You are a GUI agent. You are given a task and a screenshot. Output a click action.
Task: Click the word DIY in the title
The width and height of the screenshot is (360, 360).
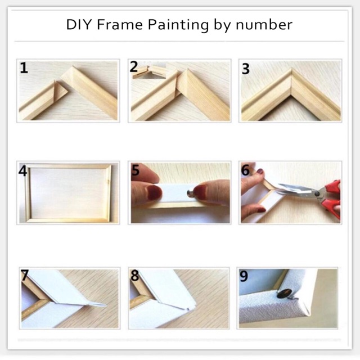(79, 25)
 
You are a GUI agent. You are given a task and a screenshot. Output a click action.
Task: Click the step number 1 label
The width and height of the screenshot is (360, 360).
(24, 69)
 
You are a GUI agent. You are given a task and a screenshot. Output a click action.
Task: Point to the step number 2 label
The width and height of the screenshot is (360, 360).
(134, 67)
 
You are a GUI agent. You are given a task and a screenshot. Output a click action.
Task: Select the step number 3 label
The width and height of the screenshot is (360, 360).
(245, 69)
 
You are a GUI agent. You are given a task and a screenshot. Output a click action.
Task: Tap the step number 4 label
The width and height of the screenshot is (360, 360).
(23, 170)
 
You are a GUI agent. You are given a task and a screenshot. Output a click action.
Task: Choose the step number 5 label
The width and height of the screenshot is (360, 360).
(135, 170)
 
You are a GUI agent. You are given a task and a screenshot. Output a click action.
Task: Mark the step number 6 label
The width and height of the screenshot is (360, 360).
(245, 170)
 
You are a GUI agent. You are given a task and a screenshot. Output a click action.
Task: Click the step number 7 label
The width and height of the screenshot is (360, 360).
(24, 276)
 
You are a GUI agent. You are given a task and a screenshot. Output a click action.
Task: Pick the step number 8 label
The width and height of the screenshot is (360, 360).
(134, 276)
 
